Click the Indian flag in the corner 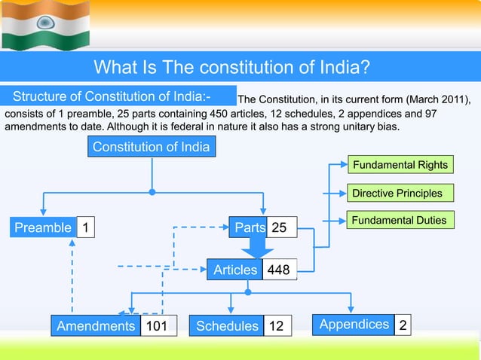point(45,25)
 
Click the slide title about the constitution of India point(231,69)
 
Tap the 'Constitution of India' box point(152,147)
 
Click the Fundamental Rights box point(400,165)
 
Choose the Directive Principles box point(398,193)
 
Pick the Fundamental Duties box point(400,221)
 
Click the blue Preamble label point(43,227)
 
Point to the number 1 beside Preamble point(86,227)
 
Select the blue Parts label point(249,227)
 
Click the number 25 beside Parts point(280,227)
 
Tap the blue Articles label point(234,270)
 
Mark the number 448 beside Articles point(280,270)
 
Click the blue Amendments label point(95,326)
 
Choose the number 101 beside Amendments point(156,326)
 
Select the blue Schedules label point(226,326)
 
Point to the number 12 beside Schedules point(277,326)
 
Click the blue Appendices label point(354,325)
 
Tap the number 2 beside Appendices point(403,325)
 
